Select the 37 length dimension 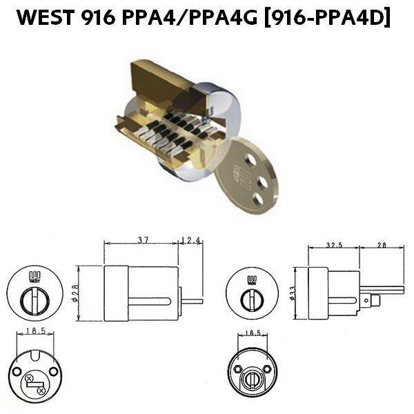[143, 241]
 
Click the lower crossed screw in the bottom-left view [42, 391]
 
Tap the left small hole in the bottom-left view [15, 372]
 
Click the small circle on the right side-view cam [365, 300]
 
